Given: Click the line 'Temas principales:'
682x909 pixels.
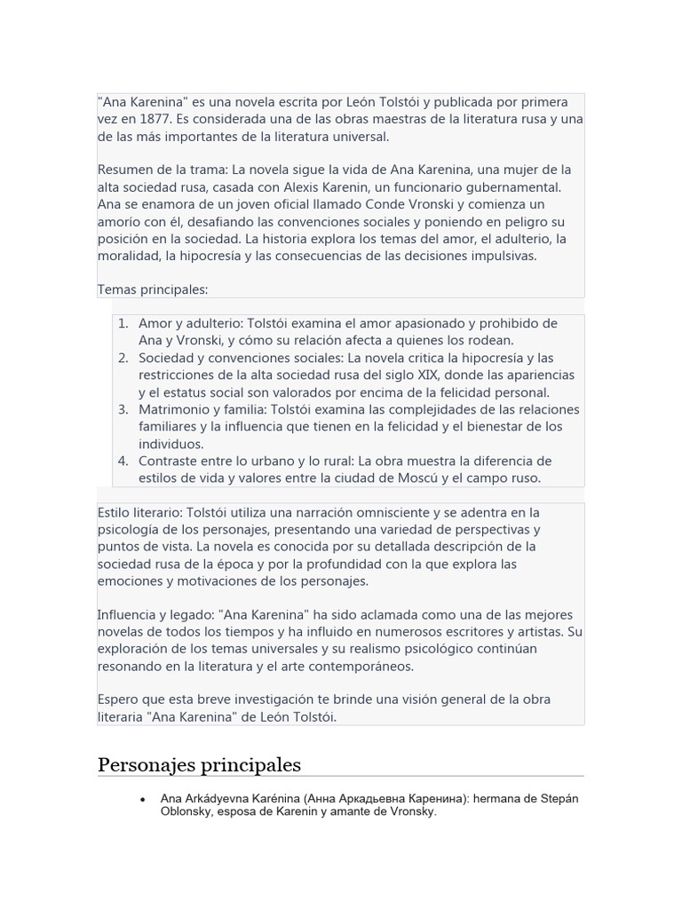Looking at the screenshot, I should [x=153, y=290].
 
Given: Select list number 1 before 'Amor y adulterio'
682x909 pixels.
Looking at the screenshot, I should [x=123, y=324].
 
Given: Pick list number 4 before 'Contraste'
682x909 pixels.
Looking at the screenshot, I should [x=123, y=462].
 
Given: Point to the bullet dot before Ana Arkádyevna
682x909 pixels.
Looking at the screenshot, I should [x=143, y=800].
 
